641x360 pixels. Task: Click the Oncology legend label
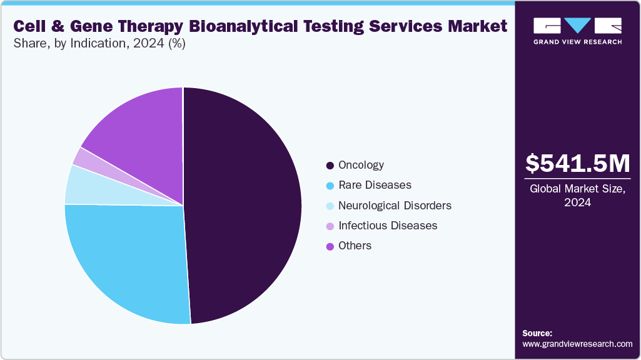pyautogui.click(x=361, y=165)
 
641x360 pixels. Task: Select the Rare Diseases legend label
pyautogui.click(x=375, y=185)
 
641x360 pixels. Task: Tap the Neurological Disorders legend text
pyautogui.click(x=395, y=206)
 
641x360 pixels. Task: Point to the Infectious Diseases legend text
pyautogui.click(x=387, y=226)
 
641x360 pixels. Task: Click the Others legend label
pyautogui.click(x=355, y=246)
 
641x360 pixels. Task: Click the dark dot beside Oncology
pyautogui.click(x=330, y=166)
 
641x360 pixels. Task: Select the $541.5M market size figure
pyautogui.click(x=577, y=163)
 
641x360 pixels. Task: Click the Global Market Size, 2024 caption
pyautogui.click(x=577, y=195)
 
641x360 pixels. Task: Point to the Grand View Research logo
pyautogui.click(x=577, y=31)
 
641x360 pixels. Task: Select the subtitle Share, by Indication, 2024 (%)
pyautogui.click(x=99, y=44)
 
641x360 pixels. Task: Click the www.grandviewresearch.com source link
pyautogui.click(x=577, y=344)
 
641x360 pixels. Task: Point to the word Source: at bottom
pyautogui.click(x=537, y=333)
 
